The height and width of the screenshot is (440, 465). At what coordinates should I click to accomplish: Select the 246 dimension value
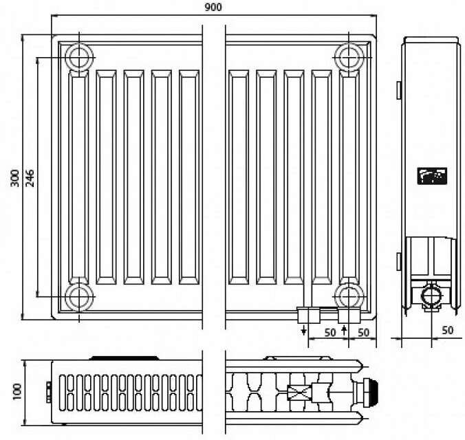(29, 178)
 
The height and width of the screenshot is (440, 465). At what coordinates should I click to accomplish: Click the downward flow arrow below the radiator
(303, 331)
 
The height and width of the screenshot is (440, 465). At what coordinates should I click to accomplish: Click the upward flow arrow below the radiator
(344, 331)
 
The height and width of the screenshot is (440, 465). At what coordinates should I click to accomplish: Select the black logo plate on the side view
(431, 177)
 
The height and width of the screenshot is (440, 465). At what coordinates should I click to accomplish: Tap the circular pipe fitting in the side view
(431, 296)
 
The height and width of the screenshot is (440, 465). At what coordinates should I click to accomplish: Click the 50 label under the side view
(447, 331)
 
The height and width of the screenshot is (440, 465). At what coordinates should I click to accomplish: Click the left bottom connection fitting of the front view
(307, 316)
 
